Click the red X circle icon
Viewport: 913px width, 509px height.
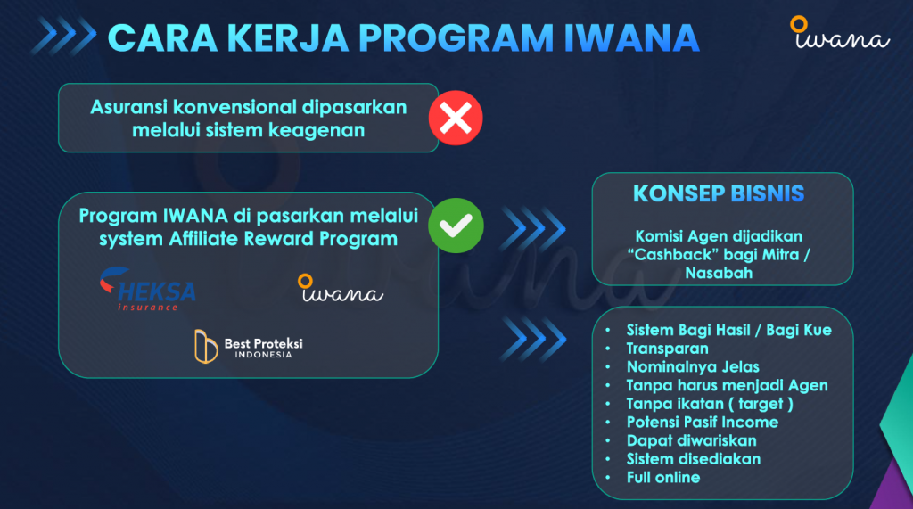[456, 118]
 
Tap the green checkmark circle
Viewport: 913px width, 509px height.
[456, 226]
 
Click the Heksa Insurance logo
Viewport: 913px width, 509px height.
[148, 289]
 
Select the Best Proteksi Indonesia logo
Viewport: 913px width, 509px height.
[249, 347]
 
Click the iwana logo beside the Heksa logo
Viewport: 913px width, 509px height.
[340, 288]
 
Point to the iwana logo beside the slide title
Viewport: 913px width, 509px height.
[840, 33]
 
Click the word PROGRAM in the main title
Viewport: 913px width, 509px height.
[456, 37]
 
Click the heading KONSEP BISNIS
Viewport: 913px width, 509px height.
[719, 193]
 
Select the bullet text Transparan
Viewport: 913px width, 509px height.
[667, 349]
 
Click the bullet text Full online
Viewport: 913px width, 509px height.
[663, 478]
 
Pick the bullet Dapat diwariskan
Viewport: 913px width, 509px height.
[692, 441]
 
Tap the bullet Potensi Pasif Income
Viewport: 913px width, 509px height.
[703, 423]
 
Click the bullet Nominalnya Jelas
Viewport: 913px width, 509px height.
[693, 367]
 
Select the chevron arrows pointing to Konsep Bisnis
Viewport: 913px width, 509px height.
[533, 228]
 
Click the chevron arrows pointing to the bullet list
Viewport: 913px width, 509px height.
[533, 339]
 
